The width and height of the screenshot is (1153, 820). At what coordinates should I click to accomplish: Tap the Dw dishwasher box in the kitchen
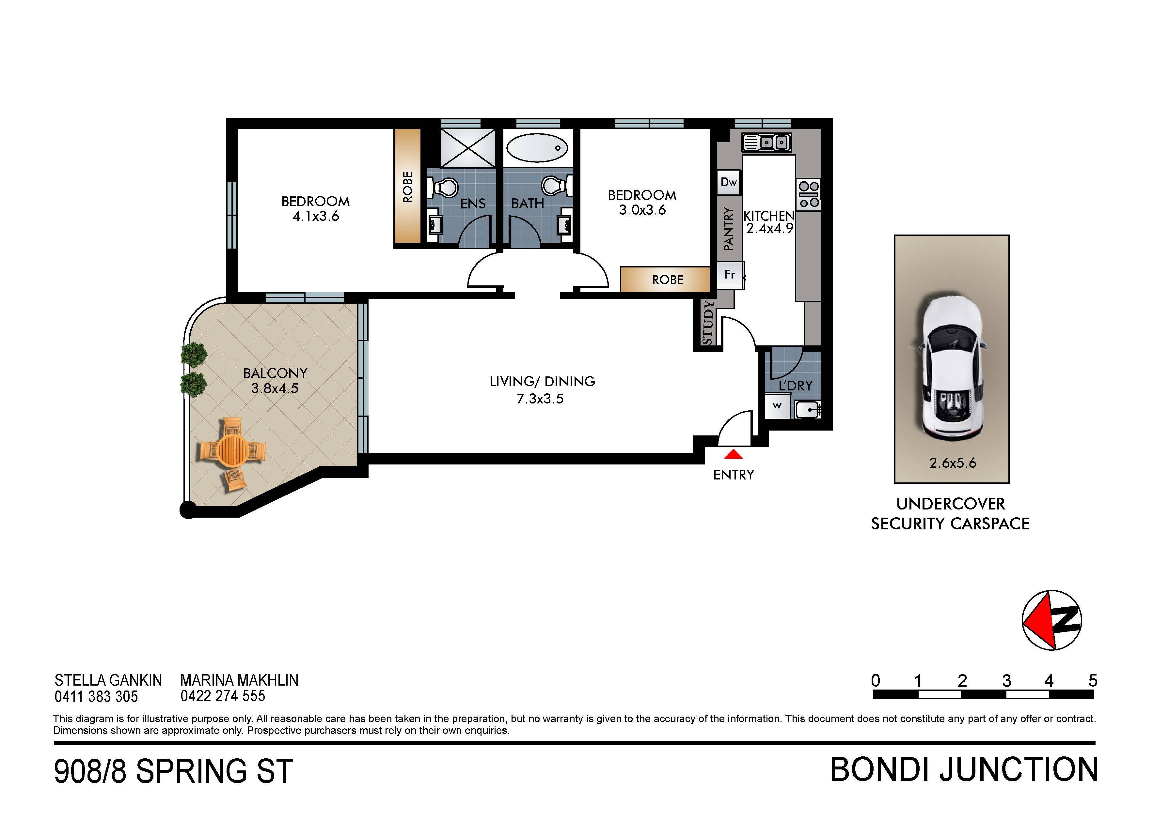coord(729,182)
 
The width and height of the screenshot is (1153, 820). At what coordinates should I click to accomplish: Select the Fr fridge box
coord(730,275)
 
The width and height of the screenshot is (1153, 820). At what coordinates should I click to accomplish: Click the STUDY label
coord(707,323)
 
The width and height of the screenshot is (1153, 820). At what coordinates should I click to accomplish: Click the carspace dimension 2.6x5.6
coord(953,463)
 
